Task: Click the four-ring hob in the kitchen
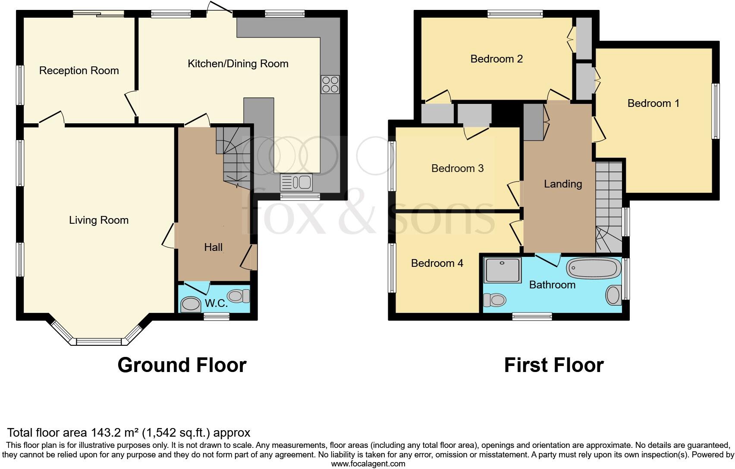pyautogui.click(x=330, y=84)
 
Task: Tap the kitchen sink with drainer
pyautogui.click(x=296, y=182)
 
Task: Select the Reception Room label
pyautogui.click(x=79, y=71)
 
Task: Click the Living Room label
pyautogui.click(x=99, y=220)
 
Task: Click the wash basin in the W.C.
pyautogui.click(x=190, y=305)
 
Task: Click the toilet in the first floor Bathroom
pyautogui.click(x=494, y=299)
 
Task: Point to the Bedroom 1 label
pyautogui.click(x=653, y=103)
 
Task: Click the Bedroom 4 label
pyautogui.click(x=437, y=263)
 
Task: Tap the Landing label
pyautogui.click(x=563, y=184)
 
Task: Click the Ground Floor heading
pyautogui.click(x=182, y=365)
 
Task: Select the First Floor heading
pyautogui.click(x=554, y=365)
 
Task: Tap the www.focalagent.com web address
pyautogui.click(x=368, y=464)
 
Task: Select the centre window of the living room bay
pyautogui.click(x=99, y=342)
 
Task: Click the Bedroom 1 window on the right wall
pyautogui.click(x=716, y=111)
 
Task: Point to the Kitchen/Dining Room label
pyautogui.click(x=238, y=64)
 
